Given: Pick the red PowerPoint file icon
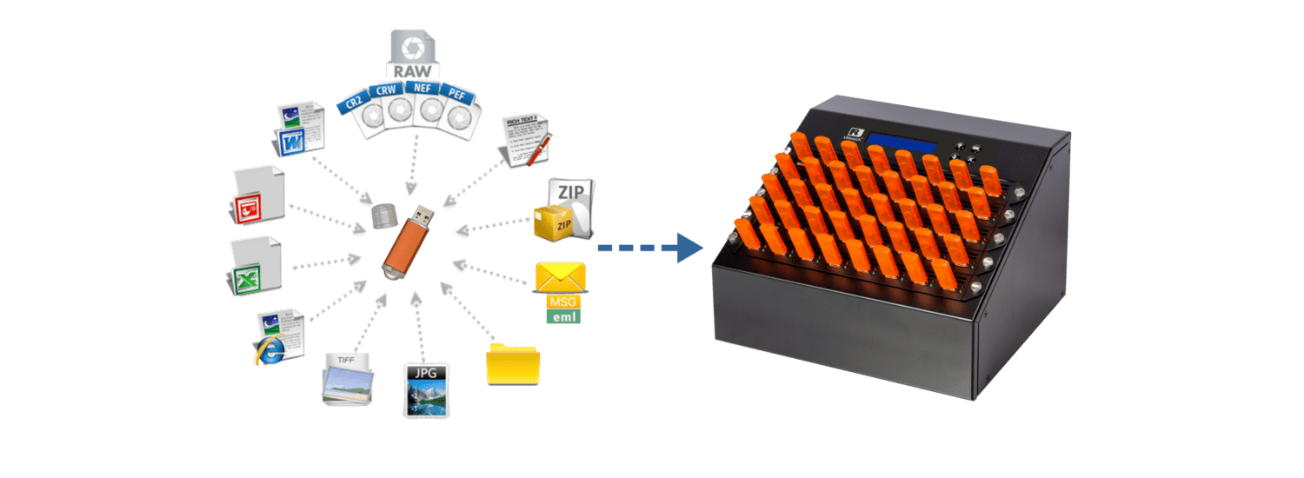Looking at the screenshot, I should [258, 195].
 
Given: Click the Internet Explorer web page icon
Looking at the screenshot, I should [278, 336].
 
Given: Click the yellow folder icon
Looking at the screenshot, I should [513, 363].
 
